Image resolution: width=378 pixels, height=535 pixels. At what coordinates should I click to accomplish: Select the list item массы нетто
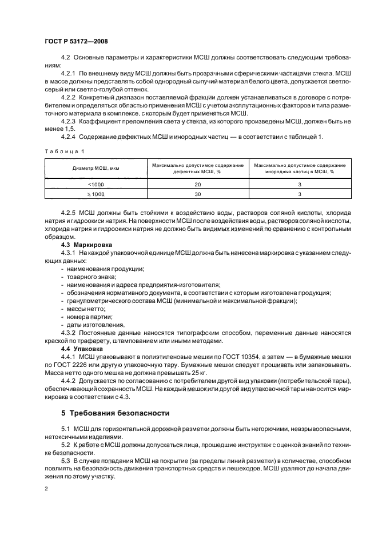tap(86, 309)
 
